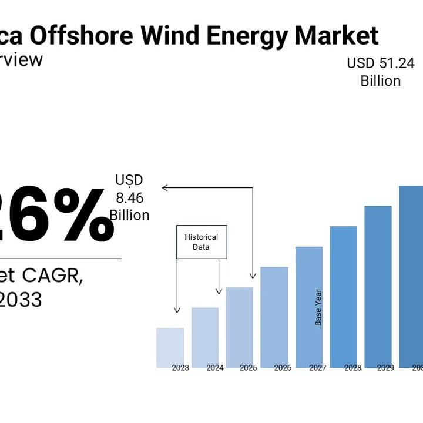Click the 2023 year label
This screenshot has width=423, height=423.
coord(180,368)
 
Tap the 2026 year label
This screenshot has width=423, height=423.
coord(283,368)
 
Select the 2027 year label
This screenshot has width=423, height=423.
coord(317,368)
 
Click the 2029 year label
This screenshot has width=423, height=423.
coord(385,368)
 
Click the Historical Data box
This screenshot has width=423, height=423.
coord(201,242)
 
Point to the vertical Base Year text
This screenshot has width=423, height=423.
coord(318,307)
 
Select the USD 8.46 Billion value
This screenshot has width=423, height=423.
coord(129,197)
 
